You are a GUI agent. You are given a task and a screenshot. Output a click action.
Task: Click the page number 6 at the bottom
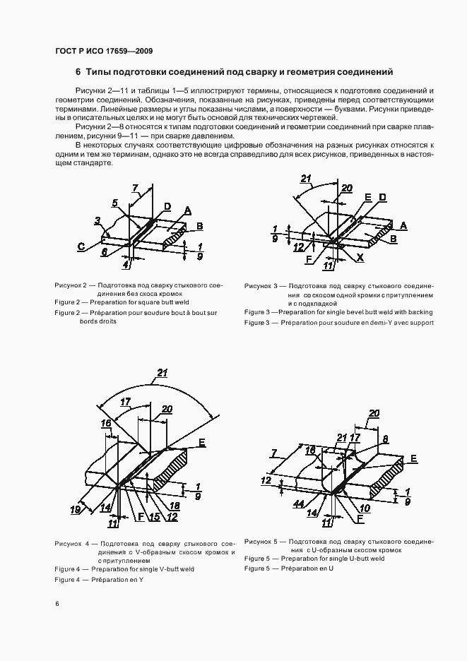pos(57,604)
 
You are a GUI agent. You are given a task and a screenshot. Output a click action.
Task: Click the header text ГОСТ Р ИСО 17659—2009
pos(103,52)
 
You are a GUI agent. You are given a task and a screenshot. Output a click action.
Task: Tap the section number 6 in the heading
pos(78,72)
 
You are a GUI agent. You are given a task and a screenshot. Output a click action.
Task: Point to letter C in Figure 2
pos(82,246)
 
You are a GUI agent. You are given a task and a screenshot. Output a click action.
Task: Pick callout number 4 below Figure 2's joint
pos(126,265)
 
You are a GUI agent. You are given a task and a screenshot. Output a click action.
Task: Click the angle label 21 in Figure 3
pos(305,179)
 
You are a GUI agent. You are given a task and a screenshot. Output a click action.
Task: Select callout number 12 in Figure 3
pos(300,246)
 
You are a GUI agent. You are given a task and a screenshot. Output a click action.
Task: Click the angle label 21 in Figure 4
pos(162,373)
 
